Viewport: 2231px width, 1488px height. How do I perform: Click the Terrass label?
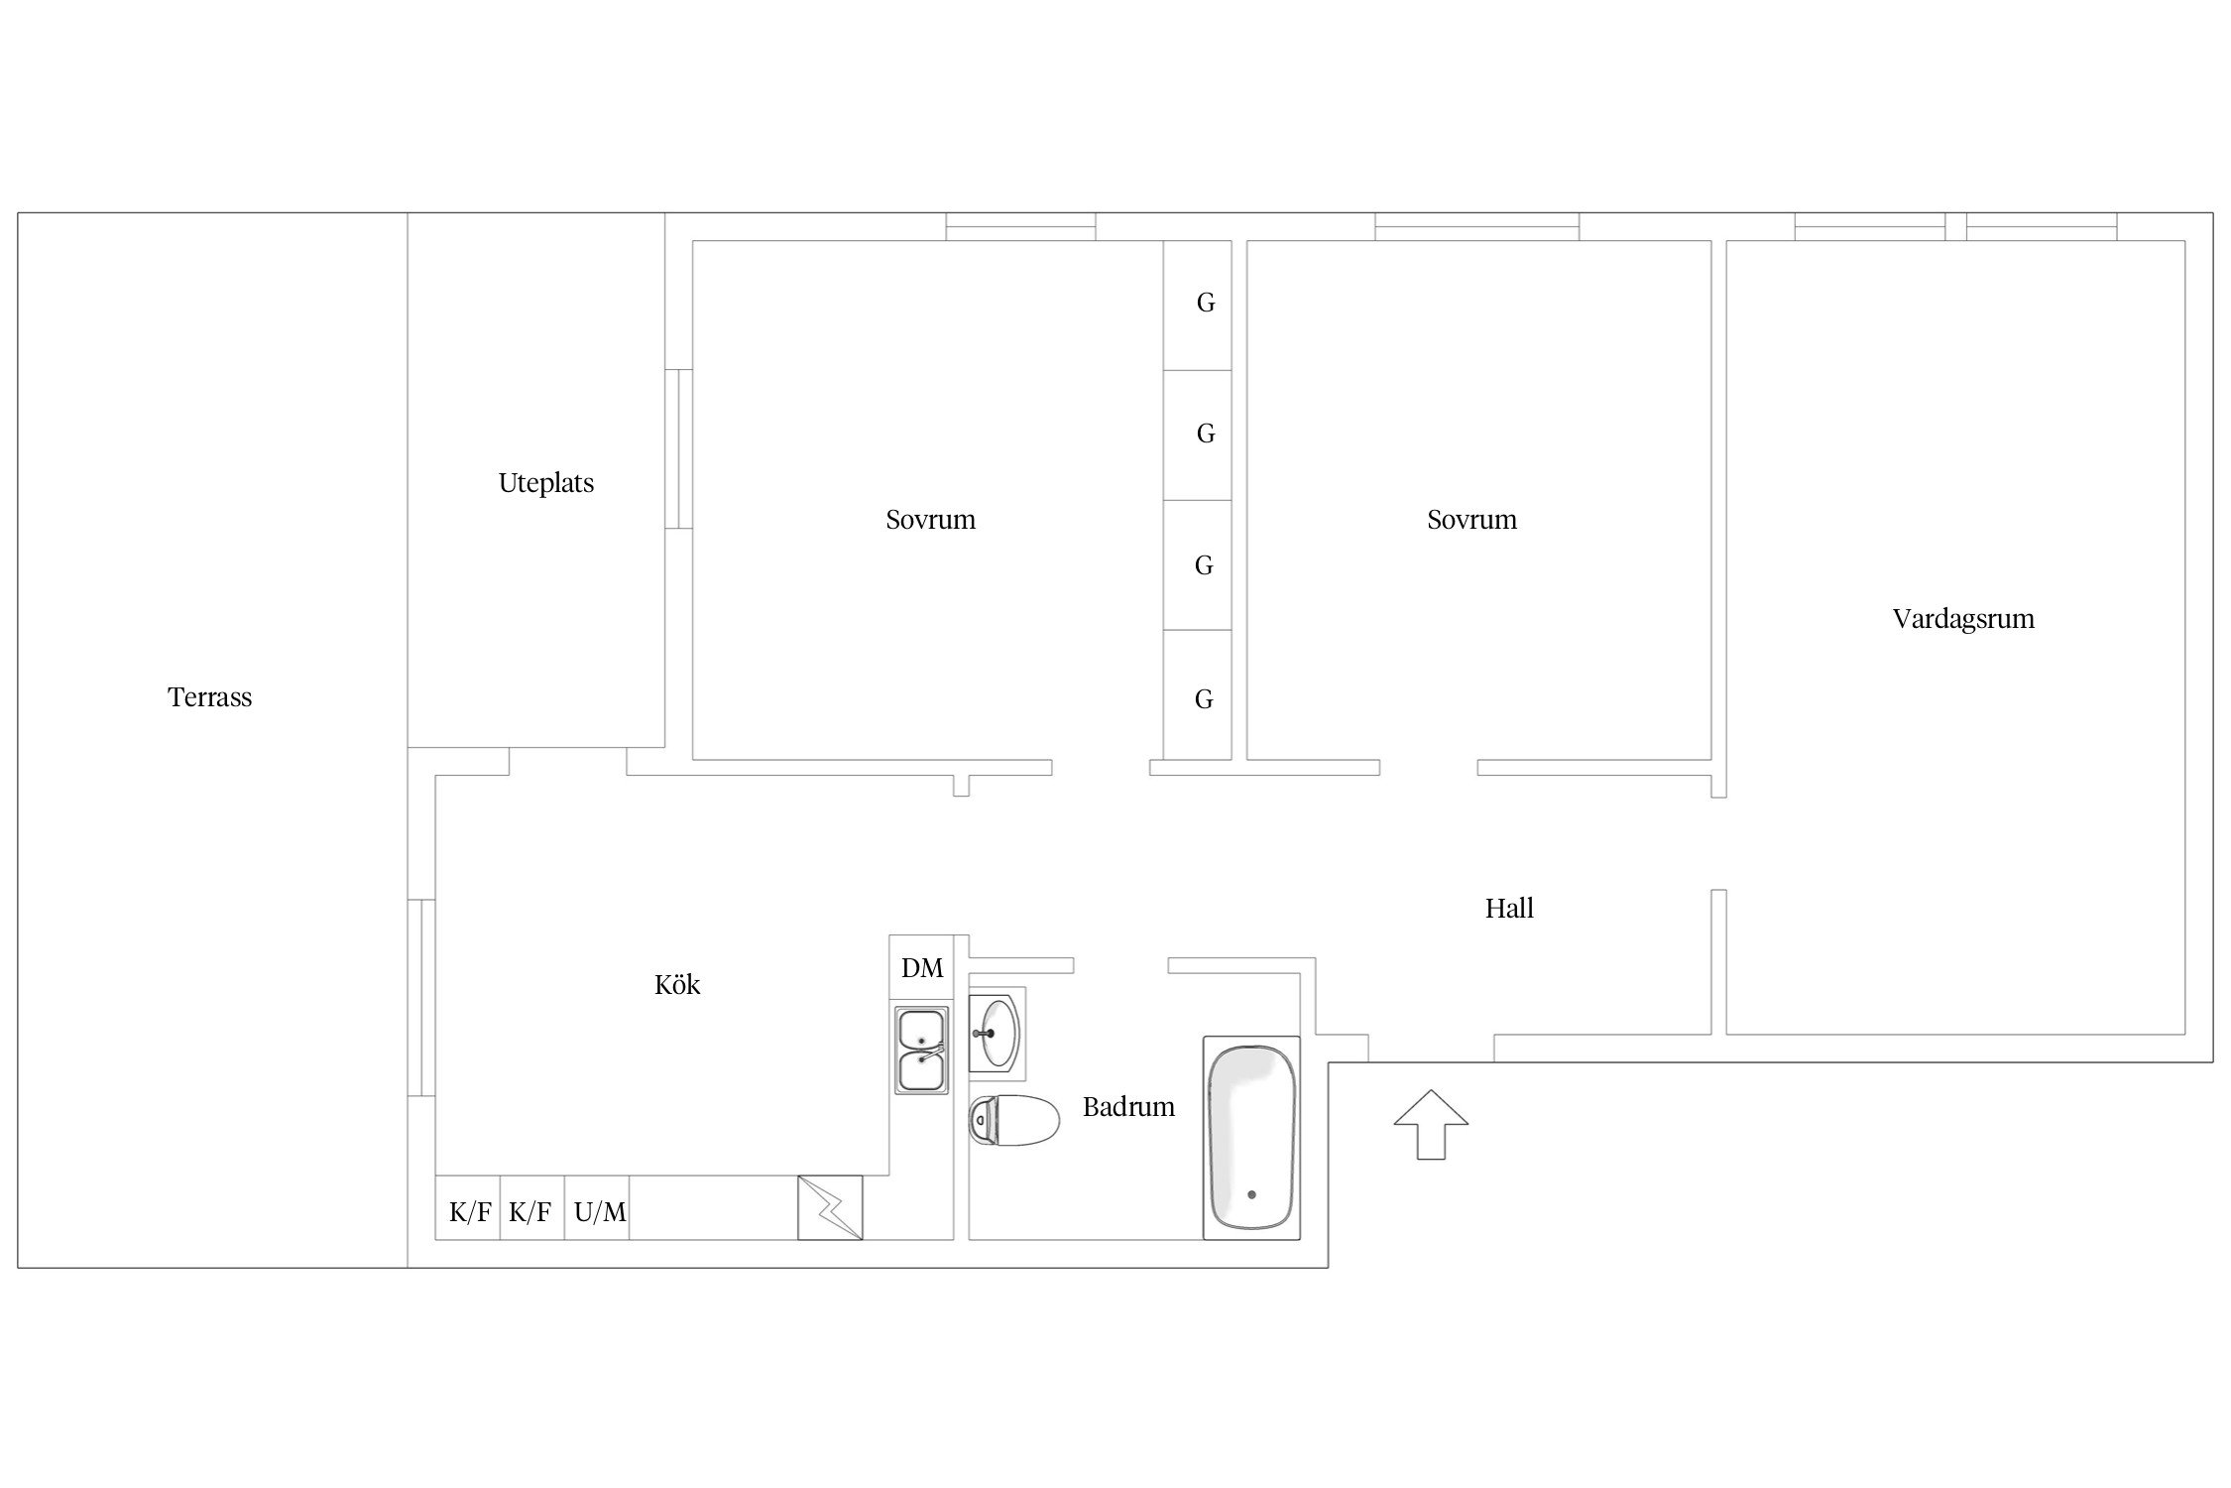coord(209,697)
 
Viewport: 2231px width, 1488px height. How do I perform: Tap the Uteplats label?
coord(546,483)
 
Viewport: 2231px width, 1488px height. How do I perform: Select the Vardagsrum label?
coord(1963,619)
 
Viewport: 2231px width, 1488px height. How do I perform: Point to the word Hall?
coord(1509,908)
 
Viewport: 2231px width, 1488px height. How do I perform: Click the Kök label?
coord(677,984)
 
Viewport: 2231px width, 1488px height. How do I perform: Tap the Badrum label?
coord(1128,1106)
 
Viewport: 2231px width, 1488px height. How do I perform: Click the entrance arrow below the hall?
coord(1431,1124)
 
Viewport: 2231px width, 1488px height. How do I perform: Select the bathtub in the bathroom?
coord(1251,1138)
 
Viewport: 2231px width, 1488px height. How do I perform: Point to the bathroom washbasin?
coord(997,1033)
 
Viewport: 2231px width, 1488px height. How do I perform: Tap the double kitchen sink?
coord(921,1051)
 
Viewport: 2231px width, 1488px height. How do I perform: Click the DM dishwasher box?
coord(921,967)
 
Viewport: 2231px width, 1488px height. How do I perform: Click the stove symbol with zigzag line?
coord(830,1208)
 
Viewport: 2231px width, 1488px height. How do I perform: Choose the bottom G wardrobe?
coord(1198,695)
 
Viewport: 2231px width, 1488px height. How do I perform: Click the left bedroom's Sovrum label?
coord(930,520)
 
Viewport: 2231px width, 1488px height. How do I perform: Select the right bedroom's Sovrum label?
coord(1471,520)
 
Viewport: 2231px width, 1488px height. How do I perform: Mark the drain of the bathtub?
coord(1251,1195)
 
